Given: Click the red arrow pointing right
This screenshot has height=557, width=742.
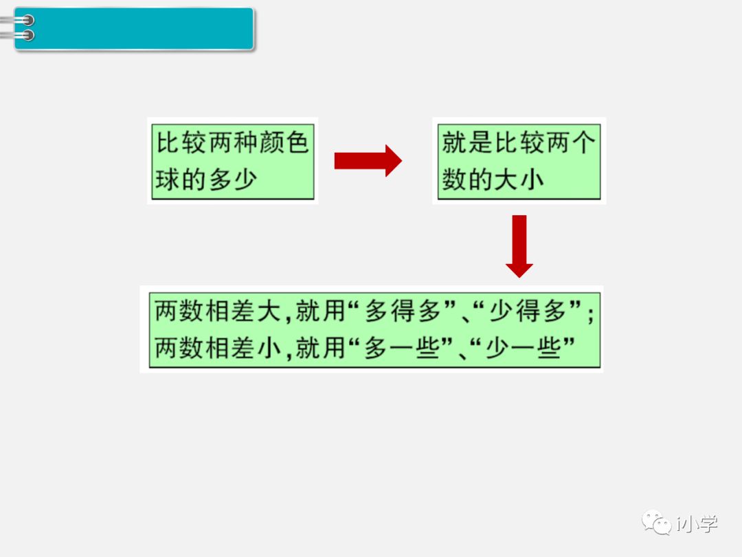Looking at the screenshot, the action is coord(368,161).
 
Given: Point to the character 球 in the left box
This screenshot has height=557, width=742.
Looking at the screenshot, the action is coord(167,180).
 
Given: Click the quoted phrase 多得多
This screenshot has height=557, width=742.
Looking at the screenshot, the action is coord(402,312).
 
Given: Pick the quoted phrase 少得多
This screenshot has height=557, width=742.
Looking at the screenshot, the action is coord(527,312).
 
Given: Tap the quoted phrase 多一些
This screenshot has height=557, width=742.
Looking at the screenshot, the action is coord(402,348).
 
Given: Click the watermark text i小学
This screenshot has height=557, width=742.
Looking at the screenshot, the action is coord(697,523).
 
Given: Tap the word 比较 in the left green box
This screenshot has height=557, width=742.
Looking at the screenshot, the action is coord(180,142).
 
